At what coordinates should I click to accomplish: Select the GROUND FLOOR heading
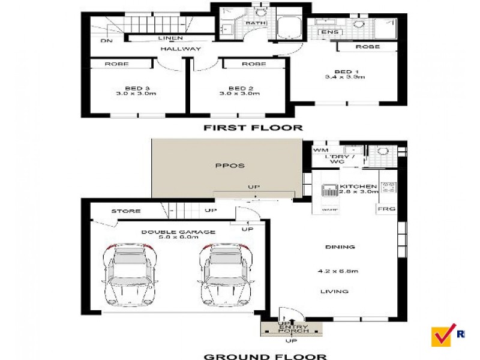(x=265, y=356)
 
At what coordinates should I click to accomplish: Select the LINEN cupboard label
(x=170, y=38)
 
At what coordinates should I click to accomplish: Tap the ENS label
(x=329, y=32)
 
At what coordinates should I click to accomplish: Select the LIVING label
(x=334, y=292)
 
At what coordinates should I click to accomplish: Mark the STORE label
(x=126, y=211)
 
